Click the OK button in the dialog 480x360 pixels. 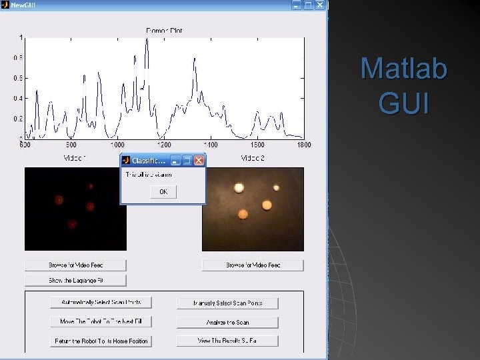pos(163,192)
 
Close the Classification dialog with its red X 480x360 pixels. pos(199,161)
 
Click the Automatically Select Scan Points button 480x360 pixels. pos(101,302)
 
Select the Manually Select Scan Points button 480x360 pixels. pos(227,303)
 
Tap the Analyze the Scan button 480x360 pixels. pos(227,322)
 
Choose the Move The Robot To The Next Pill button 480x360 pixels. pos(101,321)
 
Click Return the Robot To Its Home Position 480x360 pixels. pos(101,341)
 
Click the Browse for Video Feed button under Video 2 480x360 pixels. pos(253,265)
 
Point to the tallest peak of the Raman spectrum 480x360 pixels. pos(147,40)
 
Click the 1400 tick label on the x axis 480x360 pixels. pos(211,145)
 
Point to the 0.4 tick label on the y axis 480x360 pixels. pos(18,99)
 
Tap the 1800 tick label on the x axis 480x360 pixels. pos(304,145)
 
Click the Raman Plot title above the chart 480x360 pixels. pos(164,31)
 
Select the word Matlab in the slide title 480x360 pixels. pos(403,69)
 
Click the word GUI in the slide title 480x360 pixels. pos(403,103)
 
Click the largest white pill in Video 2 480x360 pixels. pos(239,188)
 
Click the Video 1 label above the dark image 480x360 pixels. pos(75,159)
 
